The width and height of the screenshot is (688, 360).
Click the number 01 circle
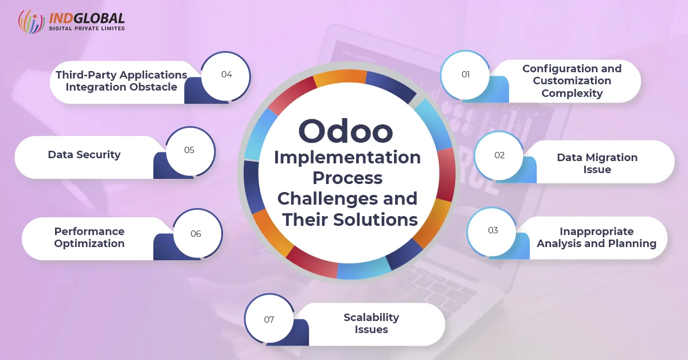click(x=465, y=75)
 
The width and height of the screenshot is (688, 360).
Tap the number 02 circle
click(x=499, y=155)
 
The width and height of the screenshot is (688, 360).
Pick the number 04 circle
click(x=226, y=76)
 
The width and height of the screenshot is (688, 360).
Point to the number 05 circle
click(x=190, y=151)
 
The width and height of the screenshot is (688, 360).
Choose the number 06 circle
click(x=197, y=233)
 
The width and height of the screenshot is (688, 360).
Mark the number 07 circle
click(x=269, y=318)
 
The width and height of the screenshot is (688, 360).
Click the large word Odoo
click(x=346, y=131)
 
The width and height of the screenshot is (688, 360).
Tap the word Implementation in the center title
click(x=347, y=158)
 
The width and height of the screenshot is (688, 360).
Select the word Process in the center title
click(x=347, y=178)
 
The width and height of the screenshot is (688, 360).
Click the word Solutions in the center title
click(x=376, y=220)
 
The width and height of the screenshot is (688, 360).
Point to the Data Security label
click(x=84, y=155)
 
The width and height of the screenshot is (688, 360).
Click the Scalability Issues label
click(x=372, y=323)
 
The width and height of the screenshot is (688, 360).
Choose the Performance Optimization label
click(x=89, y=237)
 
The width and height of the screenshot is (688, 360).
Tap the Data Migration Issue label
click(x=597, y=163)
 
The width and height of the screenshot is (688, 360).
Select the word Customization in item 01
click(x=572, y=80)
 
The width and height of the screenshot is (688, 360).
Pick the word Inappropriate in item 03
click(x=596, y=231)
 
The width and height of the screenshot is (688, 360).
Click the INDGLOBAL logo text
click(x=87, y=19)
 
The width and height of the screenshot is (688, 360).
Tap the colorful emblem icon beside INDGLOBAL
click(x=32, y=21)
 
